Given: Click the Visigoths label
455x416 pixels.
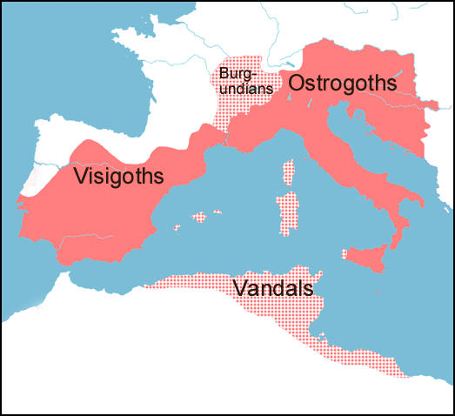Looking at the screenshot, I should tap(119, 177).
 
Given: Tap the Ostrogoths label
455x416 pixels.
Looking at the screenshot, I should tap(343, 84).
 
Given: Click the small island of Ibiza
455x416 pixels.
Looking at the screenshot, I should tap(177, 228).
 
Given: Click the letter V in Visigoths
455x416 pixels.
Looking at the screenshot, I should tap(81, 176).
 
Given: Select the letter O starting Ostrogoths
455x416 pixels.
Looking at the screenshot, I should tap(298, 84).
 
